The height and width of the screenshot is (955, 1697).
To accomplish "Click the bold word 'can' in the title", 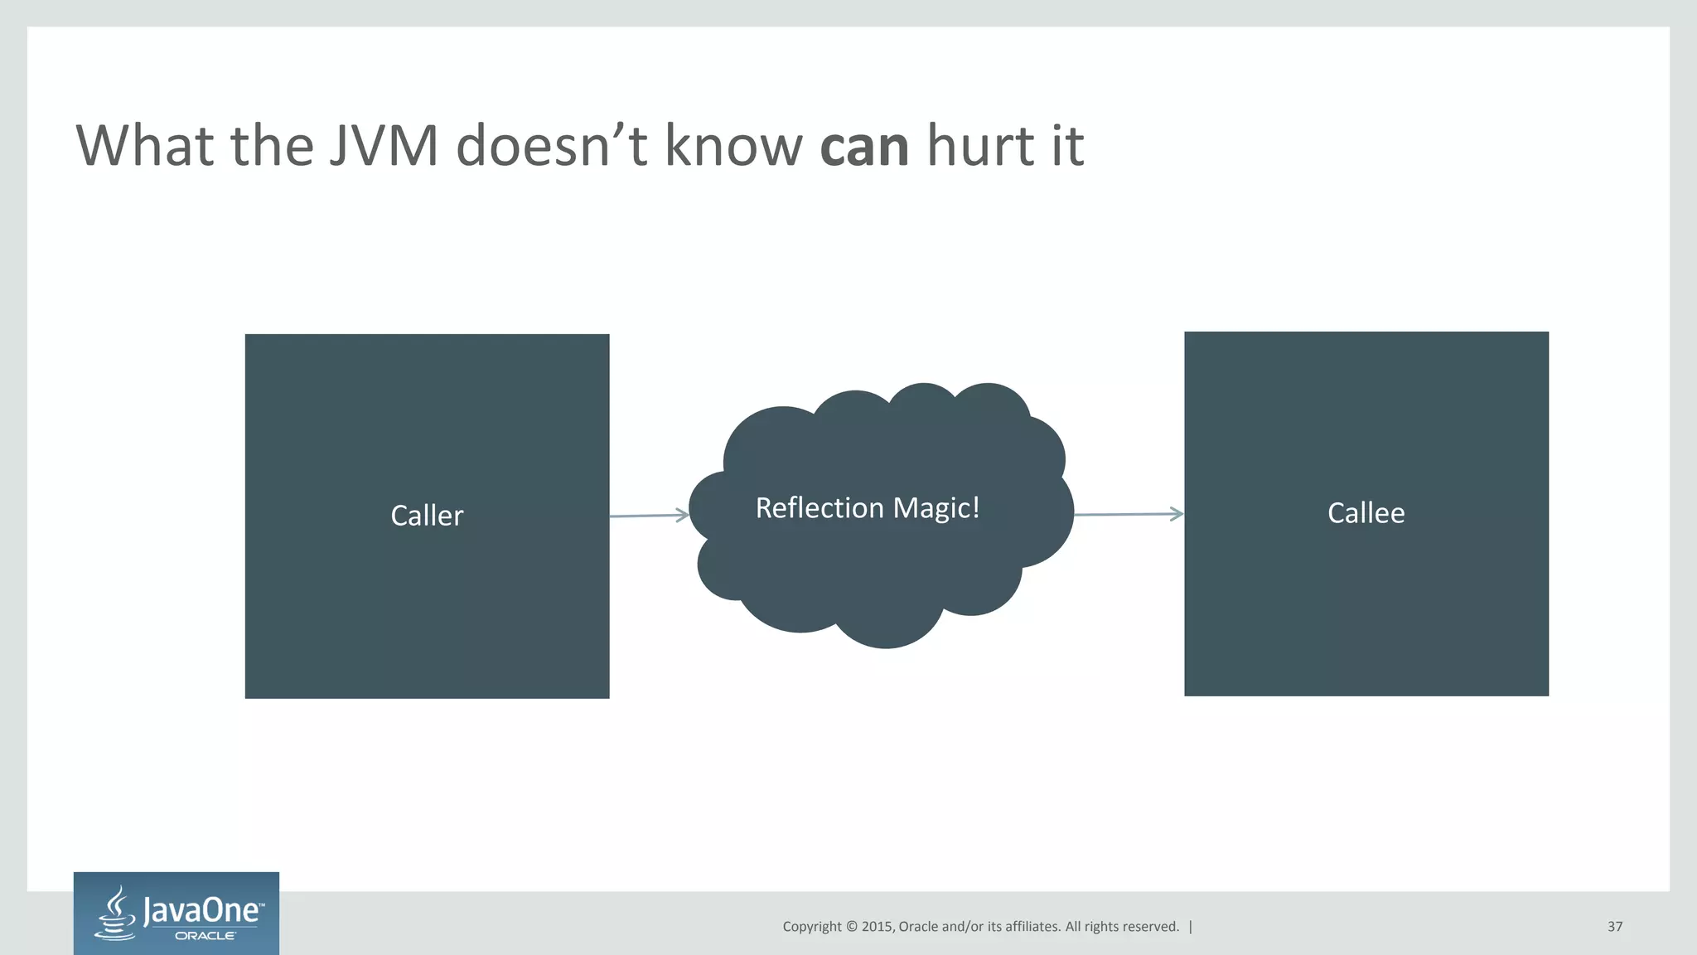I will pos(864,146).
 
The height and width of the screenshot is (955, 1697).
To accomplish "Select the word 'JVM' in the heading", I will pos(383,146).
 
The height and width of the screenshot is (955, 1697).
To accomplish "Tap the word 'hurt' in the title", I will pos(981,146).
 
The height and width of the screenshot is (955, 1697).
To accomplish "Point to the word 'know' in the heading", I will pos(733,146).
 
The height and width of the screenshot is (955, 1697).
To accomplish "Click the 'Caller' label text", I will pos(427,516).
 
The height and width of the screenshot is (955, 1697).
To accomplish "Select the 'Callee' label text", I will pos(1366,513).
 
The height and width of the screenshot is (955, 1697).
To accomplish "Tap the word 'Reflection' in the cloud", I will pos(819,507).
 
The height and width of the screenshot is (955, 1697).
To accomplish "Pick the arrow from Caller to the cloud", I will pos(649,516).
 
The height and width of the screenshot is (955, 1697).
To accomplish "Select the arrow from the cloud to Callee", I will pos(1129,514).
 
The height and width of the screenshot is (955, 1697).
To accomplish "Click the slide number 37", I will pos(1614,927).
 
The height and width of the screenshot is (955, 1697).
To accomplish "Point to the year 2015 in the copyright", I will pos(877,927).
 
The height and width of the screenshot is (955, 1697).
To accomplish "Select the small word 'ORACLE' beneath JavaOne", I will pos(205,936).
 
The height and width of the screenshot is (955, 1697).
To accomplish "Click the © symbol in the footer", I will pos(851,927).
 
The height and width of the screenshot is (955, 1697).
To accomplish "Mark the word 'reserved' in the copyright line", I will pos(1149,927).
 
